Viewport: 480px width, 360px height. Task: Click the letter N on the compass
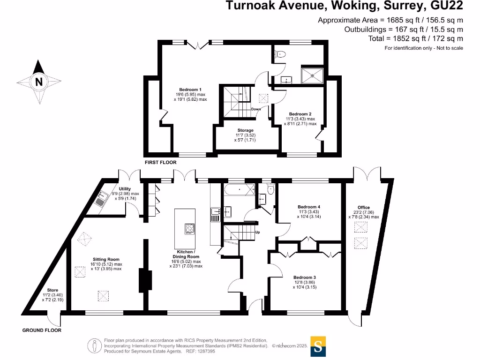tap(39, 82)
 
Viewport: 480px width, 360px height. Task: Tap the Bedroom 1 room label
tap(190, 90)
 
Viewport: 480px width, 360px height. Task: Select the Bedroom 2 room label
tap(300, 114)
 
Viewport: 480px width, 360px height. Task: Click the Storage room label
tap(245, 130)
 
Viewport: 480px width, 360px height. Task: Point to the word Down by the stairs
tap(255, 109)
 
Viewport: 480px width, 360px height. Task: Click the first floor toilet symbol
tap(281, 54)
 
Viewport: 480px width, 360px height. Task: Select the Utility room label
tap(125, 189)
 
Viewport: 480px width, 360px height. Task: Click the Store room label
tap(52, 290)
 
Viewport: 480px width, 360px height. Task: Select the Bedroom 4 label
tap(308, 206)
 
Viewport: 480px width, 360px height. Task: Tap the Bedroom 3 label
tap(305, 277)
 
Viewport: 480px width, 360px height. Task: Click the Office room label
tap(363, 207)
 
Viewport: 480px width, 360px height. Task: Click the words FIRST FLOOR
tap(160, 162)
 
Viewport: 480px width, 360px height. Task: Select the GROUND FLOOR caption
tap(42, 330)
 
